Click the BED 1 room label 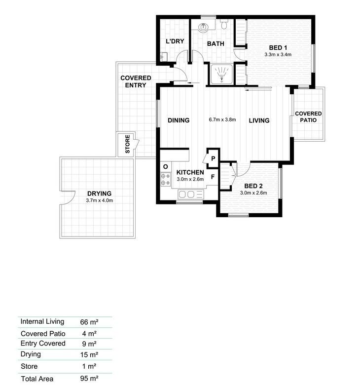[278, 47]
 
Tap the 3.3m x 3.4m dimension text [278, 55]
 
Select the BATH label [216, 43]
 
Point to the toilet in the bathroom [224, 25]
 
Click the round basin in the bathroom [204, 27]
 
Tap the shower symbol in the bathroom [221, 74]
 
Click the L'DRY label [175, 41]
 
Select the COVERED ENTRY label [136, 81]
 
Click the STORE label [127, 144]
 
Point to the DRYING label [99, 194]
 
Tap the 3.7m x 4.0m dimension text [99, 200]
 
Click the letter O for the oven [166, 167]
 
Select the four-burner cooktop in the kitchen [166, 179]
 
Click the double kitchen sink [190, 194]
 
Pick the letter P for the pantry [213, 158]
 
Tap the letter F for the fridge [213, 177]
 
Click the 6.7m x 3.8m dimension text [222, 119]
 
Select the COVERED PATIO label [308, 117]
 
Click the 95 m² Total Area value [89, 379]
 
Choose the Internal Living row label [42, 321]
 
